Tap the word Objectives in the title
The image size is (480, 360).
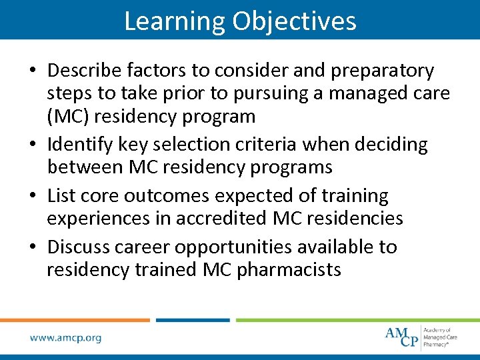(x=294, y=21)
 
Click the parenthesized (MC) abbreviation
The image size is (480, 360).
(x=68, y=116)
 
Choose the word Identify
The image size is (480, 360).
(x=85, y=144)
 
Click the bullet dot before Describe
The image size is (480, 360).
(x=33, y=71)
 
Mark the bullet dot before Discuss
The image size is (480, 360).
(x=33, y=247)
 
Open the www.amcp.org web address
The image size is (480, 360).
(x=65, y=338)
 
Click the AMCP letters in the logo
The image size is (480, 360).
(x=402, y=336)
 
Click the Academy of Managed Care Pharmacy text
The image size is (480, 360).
(x=441, y=337)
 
